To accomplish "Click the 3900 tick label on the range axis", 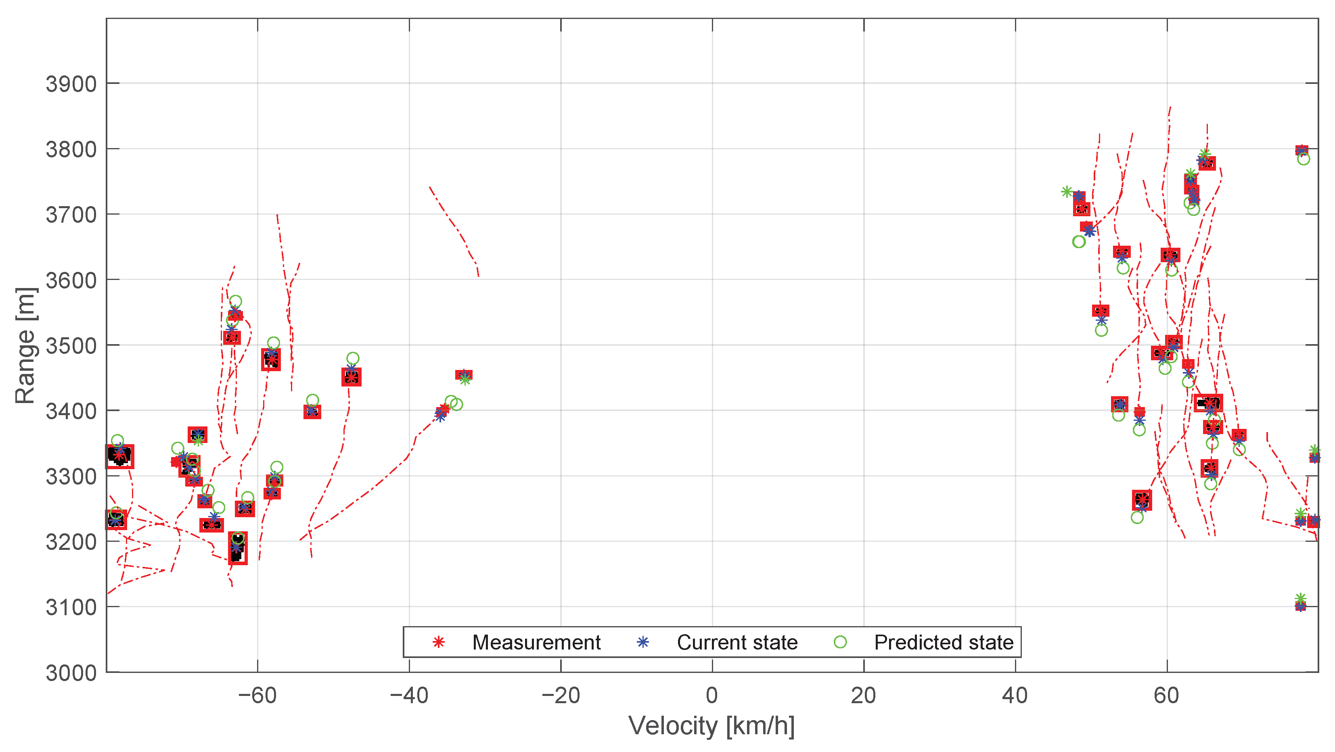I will click(x=71, y=84).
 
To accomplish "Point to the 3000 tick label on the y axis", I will click(x=71, y=673).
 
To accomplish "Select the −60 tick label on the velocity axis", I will click(x=257, y=696).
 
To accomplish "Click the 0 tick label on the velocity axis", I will click(x=712, y=696).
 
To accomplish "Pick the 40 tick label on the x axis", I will click(x=1015, y=696).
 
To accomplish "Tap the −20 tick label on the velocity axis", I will click(x=560, y=696).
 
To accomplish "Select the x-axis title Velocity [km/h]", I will click(x=711, y=726).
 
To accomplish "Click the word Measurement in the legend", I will click(x=536, y=642).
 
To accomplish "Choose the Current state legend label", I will click(x=737, y=642).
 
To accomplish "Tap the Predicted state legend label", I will click(x=944, y=642).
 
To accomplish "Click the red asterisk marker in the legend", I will click(x=438, y=642).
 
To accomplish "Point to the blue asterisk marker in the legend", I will click(x=642, y=642).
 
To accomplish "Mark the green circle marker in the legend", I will click(x=840, y=642).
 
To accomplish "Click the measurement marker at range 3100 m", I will click(x=1300, y=606).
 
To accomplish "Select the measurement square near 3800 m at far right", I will click(x=1302, y=150).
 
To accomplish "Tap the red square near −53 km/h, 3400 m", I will click(x=312, y=412).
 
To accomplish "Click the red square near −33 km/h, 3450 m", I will click(x=464, y=375).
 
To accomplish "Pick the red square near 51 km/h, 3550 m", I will click(x=1101, y=311).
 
